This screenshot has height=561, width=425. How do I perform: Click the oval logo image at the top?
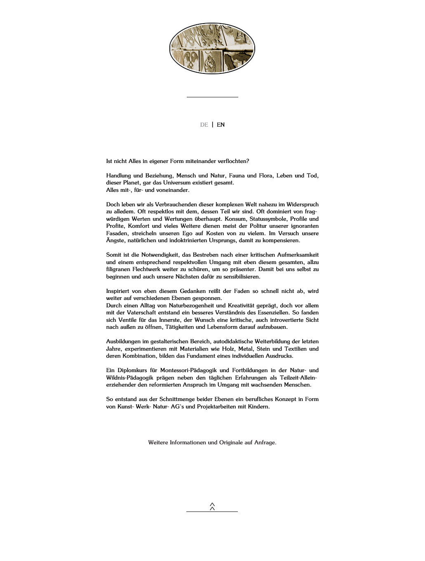coord(212,49)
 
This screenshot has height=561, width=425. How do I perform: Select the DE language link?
coord(204,125)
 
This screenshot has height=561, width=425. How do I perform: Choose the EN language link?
coord(221,125)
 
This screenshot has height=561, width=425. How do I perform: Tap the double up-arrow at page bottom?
coord(212,506)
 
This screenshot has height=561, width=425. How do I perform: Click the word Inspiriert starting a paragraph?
coord(118,291)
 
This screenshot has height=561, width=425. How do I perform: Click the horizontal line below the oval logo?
coord(212,97)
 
